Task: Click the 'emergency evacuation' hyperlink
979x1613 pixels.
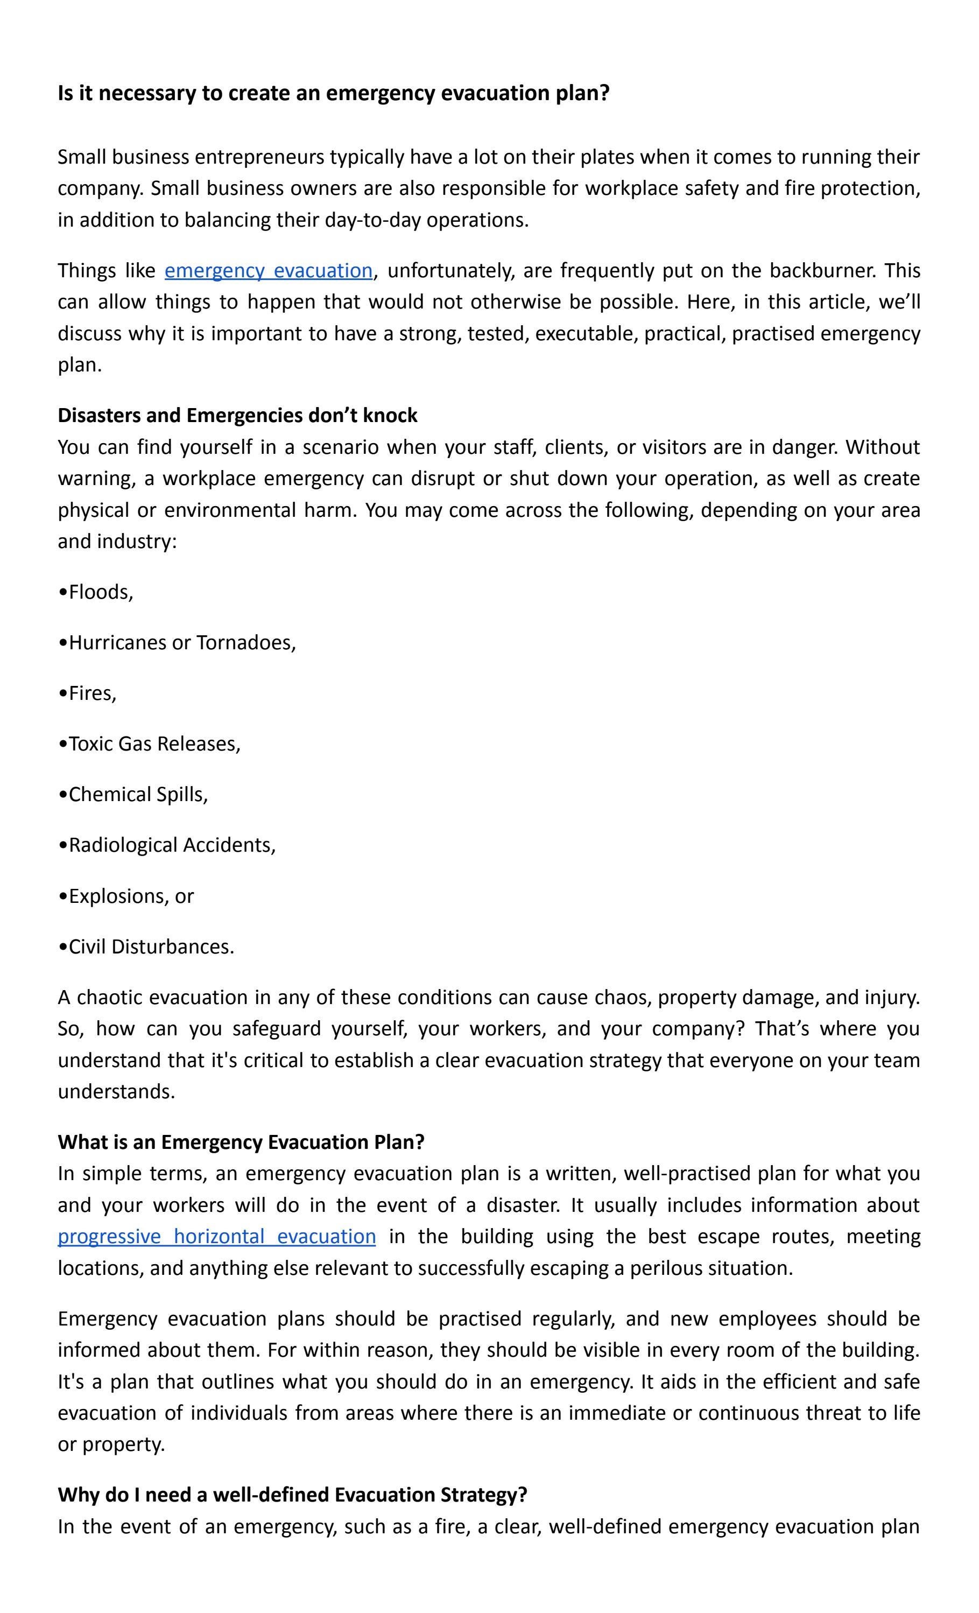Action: [269, 270]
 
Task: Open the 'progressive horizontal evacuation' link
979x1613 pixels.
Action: [216, 1236]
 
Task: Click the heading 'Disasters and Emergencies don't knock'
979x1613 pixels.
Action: [237, 415]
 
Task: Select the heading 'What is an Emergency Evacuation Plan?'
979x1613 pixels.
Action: [241, 1142]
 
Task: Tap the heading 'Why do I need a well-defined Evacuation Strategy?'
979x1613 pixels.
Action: [293, 1495]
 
